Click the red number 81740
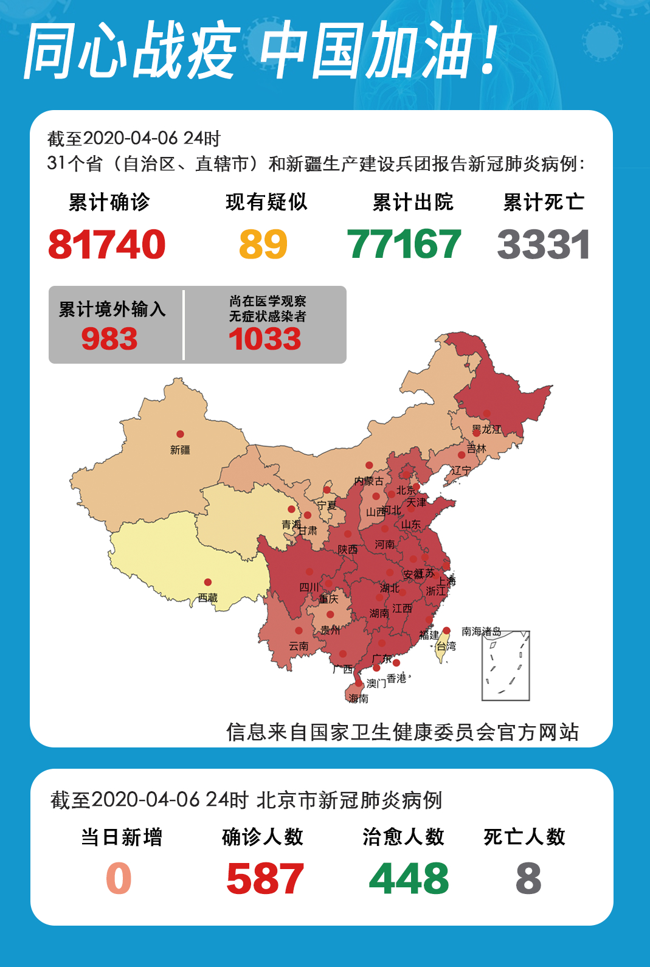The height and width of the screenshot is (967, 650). pos(106,244)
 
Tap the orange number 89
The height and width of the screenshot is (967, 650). pos(263,244)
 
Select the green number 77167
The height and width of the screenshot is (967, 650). pos(404,244)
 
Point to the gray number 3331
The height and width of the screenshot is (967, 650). pos(543,244)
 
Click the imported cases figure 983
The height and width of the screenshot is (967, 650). pos(109,339)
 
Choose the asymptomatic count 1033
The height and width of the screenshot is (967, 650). pos(264,339)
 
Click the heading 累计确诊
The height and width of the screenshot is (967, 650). pos(109,202)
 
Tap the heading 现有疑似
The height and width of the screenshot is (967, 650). pos(266,202)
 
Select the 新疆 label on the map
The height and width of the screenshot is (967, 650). pos(180,450)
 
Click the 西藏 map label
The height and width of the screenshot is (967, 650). pos(207,598)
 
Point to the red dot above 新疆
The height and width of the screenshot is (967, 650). pos(180,434)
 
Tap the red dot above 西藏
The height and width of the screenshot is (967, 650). pos(207,582)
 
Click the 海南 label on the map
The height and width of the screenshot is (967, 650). pos(359,699)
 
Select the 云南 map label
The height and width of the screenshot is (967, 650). pos(298,646)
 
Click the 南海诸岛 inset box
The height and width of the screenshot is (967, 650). pos(506,666)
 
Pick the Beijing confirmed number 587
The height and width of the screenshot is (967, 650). pos(264,879)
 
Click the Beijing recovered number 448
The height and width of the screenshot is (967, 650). pos(409,879)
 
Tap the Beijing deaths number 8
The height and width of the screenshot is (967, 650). pos(528,879)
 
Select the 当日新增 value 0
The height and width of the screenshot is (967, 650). pos(119,879)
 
